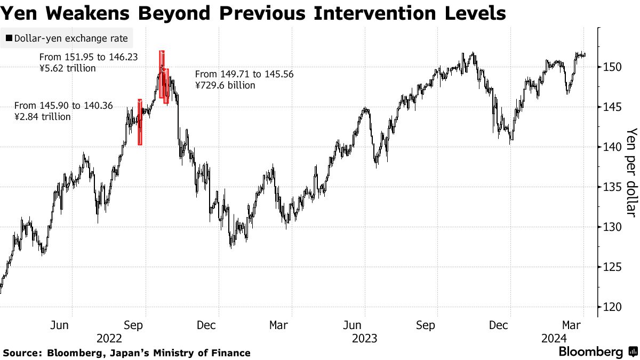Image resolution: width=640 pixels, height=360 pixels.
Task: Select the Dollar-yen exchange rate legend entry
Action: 67,38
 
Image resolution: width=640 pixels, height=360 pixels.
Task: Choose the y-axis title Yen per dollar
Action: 631,172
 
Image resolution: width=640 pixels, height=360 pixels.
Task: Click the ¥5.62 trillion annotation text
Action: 68,68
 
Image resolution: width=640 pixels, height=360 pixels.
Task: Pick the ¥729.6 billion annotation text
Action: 225,85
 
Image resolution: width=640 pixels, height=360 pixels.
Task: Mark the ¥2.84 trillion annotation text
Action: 43,117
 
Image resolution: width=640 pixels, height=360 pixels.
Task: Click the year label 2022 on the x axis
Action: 110,338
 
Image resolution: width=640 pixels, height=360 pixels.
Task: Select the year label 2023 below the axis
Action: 365,338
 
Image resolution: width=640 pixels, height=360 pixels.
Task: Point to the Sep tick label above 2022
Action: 134,325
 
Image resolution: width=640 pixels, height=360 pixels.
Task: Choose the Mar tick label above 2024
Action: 572,325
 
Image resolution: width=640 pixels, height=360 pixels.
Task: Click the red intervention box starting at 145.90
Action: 140,123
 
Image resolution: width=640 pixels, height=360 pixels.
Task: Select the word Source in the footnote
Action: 22,353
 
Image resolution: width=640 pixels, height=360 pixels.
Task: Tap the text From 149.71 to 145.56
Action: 244,74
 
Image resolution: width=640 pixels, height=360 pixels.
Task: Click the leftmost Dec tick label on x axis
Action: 206,325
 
